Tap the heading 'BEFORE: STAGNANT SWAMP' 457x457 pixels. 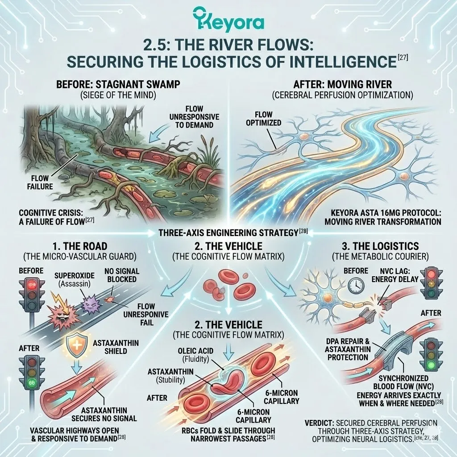coord(118,84)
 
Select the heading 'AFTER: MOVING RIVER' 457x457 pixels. coord(342,84)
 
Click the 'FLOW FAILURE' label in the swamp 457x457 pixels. coord(40,182)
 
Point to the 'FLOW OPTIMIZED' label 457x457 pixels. coord(263,118)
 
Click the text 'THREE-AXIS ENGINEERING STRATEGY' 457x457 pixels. coord(228,233)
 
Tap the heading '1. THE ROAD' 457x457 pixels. coord(80,246)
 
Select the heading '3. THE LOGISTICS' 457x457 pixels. coord(380,246)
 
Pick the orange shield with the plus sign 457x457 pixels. coord(76,346)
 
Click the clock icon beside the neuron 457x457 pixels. coord(356,285)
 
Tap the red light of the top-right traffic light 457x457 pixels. coord(432,274)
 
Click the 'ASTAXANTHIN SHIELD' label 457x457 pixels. coord(116,347)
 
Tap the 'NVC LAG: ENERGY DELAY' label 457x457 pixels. coord(395,275)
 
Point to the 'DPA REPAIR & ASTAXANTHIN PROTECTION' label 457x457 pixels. coord(348,349)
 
